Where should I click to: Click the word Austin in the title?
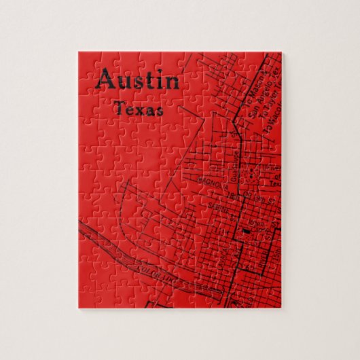point(138,81)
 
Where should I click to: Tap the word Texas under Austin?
point(139,108)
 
